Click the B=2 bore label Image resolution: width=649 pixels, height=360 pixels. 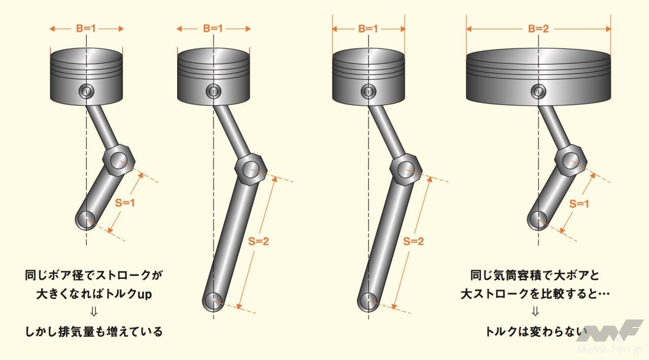click(538, 29)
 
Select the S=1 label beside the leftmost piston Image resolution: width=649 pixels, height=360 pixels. click(125, 203)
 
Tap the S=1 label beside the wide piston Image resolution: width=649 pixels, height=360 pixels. click(579, 204)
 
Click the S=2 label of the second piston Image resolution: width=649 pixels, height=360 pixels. click(258, 241)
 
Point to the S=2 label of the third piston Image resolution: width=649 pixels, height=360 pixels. click(414, 241)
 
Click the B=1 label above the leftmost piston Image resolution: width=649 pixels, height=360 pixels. click(86, 28)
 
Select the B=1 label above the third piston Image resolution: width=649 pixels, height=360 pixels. click(368, 29)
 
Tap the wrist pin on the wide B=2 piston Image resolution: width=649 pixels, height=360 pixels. click(538, 92)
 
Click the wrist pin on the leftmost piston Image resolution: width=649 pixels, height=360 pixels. click(86, 91)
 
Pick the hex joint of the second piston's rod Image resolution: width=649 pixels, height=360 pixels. click(250, 170)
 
